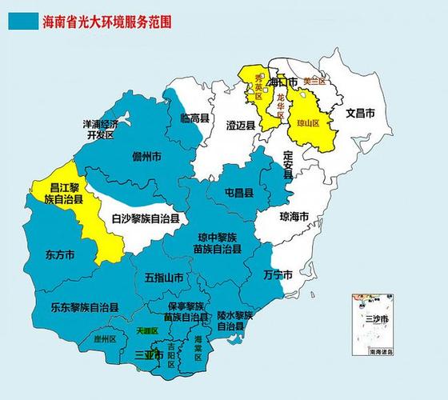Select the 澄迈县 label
click(240, 126)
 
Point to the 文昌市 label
click(360, 113)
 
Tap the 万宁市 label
click(278, 274)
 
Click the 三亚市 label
click(150, 353)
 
